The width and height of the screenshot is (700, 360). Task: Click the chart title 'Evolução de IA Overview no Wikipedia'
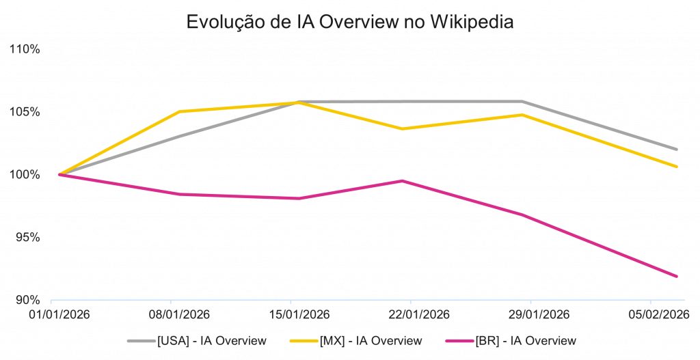point(350,22)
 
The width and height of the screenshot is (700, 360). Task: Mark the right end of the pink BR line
point(677,276)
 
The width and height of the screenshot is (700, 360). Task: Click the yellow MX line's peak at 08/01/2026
point(179,111)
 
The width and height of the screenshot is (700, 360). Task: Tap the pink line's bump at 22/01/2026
point(403,180)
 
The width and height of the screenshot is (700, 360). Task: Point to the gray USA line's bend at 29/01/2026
point(523,102)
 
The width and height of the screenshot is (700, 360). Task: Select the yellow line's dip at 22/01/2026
point(403,128)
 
